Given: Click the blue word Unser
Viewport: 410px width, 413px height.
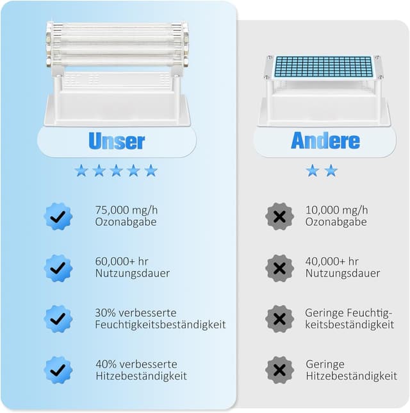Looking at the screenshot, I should click(117, 140).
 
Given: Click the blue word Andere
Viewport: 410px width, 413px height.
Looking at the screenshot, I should click(325, 140).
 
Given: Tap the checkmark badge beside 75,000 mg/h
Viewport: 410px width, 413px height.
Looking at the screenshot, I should click(58, 216).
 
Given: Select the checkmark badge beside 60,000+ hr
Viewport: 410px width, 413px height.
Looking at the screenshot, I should click(58, 267).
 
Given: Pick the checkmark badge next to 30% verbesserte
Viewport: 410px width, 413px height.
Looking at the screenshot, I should click(58, 319).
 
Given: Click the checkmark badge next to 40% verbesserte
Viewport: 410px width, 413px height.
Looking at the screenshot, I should click(58, 370).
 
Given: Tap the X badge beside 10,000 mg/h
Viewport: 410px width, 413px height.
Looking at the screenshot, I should click(279, 216).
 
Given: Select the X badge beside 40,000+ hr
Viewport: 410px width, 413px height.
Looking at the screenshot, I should click(279, 267).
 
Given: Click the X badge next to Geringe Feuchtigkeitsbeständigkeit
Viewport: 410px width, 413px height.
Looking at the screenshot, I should click(279, 319).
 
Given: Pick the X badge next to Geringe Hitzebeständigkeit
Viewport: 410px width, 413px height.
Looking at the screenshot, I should click(279, 370).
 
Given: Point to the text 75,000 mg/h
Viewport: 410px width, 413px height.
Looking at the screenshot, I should click(126, 210).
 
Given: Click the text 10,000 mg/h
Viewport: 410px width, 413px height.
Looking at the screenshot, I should click(336, 210).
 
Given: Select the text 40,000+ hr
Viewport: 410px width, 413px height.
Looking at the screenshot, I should click(332, 261).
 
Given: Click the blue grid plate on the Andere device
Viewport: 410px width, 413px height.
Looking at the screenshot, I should click(324, 65).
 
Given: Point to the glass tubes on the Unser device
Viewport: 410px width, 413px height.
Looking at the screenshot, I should click(117, 44).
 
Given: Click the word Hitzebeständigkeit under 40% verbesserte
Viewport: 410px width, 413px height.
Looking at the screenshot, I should click(140, 376).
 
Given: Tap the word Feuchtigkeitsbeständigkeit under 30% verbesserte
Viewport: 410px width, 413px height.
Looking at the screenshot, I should click(160, 324).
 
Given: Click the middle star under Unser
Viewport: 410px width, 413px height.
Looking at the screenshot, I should click(116, 170).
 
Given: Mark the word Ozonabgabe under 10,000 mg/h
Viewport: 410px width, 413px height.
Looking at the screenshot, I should click(336, 222).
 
